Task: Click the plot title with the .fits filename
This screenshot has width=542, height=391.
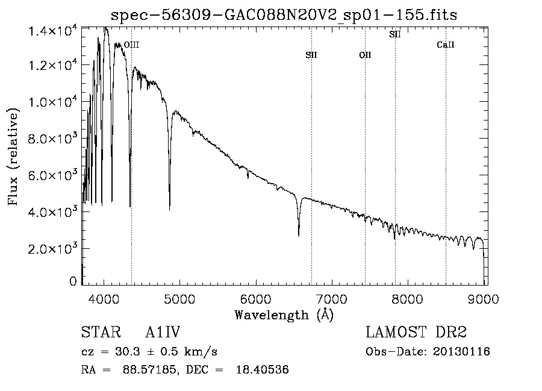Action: pyautogui.click(x=284, y=15)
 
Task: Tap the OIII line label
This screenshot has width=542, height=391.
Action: pyautogui.click(x=131, y=45)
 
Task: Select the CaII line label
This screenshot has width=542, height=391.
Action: pyautogui.click(x=445, y=45)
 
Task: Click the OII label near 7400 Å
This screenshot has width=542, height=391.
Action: pyautogui.click(x=365, y=55)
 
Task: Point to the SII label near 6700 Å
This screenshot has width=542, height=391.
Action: pyautogui.click(x=311, y=55)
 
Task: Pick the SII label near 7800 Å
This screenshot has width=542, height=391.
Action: pyautogui.click(x=394, y=34)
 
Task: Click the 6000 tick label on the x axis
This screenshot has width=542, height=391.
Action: pyautogui.click(x=255, y=299)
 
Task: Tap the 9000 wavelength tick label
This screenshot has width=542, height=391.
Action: pyautogui.click(x=483, y=299)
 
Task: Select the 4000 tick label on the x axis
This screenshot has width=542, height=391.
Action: pyautogui.click(x=104, y=299)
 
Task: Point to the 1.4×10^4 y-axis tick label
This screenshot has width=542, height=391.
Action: pyautogui.click(x=52, y=31)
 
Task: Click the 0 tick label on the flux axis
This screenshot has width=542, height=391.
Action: pyautogui.click(x=73, y=281)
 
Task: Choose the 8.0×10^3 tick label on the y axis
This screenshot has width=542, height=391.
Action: pyautogui.click(x=52, y=139)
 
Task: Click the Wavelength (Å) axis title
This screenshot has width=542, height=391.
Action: pyautogui.click(x=284, y=315)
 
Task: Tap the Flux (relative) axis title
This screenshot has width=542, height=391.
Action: pyautogui.click(x=13, y=157)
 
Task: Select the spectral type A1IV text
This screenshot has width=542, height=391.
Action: pyautogui.click(x=163, y=332)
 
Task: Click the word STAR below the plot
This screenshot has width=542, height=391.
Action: pyautogui.click(x=101, y=332)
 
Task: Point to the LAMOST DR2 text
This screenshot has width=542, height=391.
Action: pyautogui.click(x=416, y=332)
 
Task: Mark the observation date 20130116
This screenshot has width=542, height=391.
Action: pyautogui.click(x=461, y=352)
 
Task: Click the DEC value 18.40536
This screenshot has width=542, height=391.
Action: pyautogui.click(x=263, y=369)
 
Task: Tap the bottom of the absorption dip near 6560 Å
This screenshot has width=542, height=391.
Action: pyautogui.click(x=299, y=236)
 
